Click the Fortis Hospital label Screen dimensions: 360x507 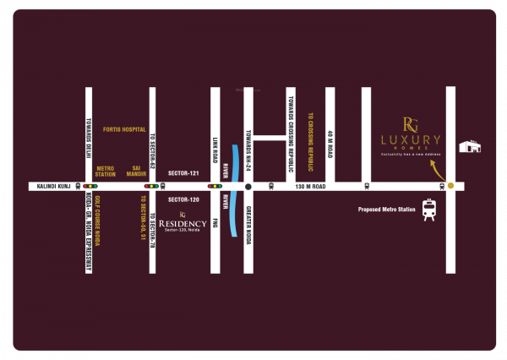coord(123,129)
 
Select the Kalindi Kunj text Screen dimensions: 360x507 coord(46,185)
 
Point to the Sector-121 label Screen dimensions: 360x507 coord(183,173)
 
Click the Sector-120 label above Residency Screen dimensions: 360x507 coord(183,199)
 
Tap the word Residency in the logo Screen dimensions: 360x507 coord(183,223)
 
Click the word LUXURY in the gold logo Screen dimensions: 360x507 coord(411,139)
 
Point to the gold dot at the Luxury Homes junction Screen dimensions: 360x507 coord(450,185)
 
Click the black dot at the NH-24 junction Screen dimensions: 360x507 coord(248,185)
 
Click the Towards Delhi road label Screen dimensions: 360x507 coord(88,134)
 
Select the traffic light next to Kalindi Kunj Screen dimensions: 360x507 coord(89,185)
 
